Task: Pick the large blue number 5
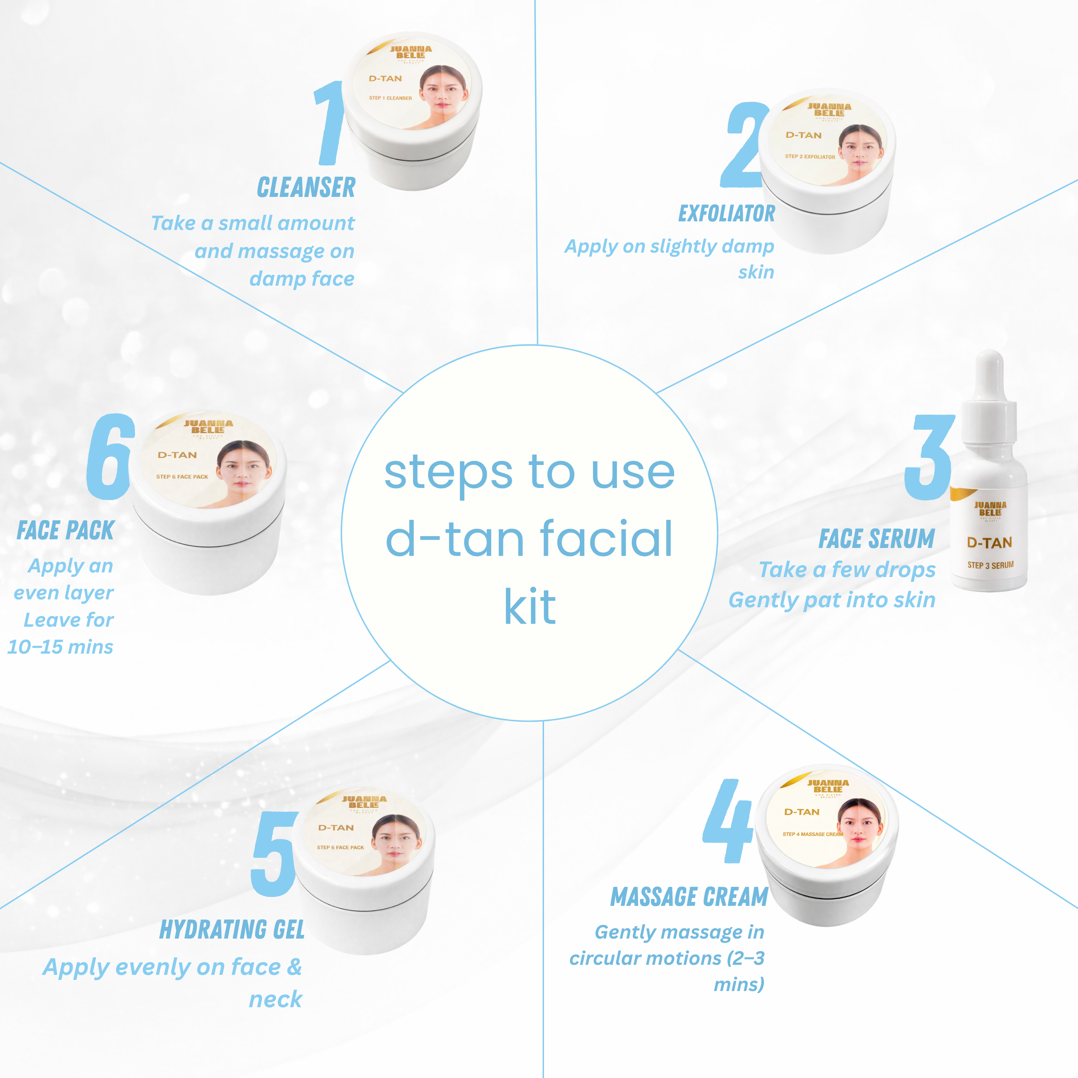(x=274, y=854)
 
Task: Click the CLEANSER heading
(x=306, y=188)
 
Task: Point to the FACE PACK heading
(x=65, y=530)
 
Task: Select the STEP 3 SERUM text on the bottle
(x=990, y=565)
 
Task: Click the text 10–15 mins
(x=60, y=647)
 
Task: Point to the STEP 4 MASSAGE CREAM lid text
(x=812, y=834)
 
